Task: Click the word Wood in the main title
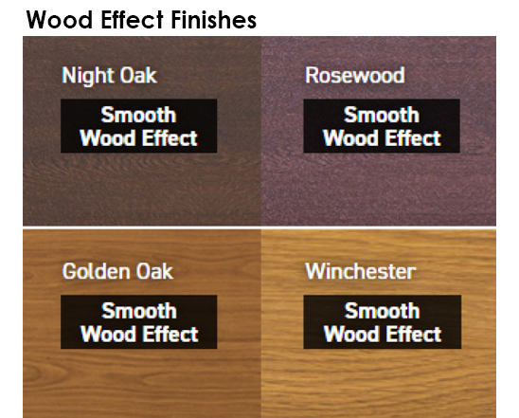(x=60, y=20)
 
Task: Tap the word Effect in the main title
(x=132, y=20)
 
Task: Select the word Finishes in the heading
(x=214, y=20)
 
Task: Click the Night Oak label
(x=109, y=76)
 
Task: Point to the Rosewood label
(x=355, y=75)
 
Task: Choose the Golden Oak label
(x=117, y=272)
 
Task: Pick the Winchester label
(x=361, y=271)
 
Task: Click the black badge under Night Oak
(x=138, y=126)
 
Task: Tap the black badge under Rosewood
(x=382, y=126)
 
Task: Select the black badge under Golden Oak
(x=138, y=321)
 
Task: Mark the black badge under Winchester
(x=383, y=321)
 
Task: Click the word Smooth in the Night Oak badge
(x=138, y=115)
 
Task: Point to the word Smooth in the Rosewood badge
(x=382, y=115)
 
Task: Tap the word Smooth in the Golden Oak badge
(x=139, y=311)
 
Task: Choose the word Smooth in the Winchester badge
(x=383, y=311)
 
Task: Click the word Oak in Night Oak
(x=138, y=75)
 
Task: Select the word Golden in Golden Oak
(x=96, y=272)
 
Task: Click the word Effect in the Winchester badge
(x=414, y=334)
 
